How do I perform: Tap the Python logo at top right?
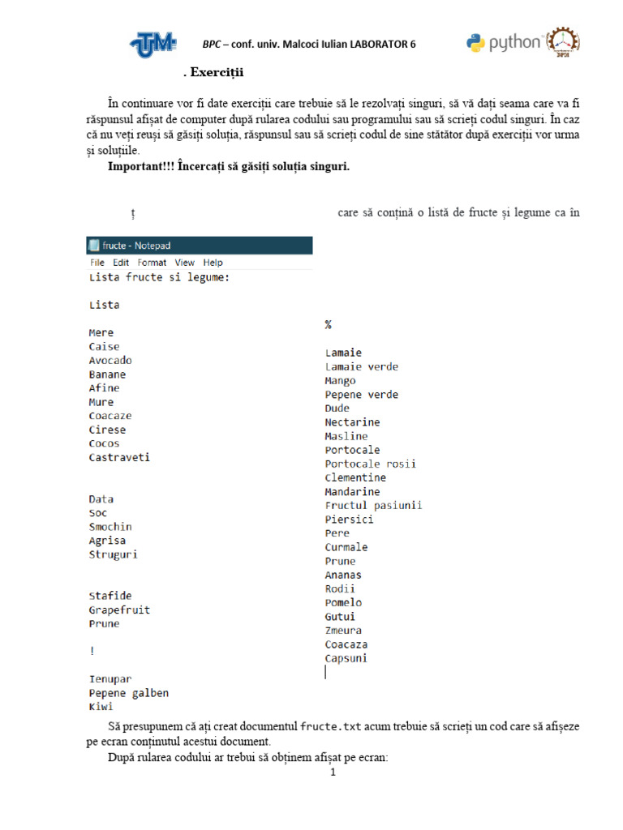[x=504, y=43]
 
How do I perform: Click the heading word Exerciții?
[x=217, y=74]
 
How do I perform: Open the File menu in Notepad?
[x=97, y=263]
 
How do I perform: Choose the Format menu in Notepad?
[x=152, y=263]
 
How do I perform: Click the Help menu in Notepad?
[x=213, y=263]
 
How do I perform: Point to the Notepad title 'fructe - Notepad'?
[x=136, y=246]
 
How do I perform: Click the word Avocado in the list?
[x=110, y=361]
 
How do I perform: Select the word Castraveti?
[x=119, y=457]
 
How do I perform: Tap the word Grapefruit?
[x=119, y=610]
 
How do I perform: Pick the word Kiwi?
[x=101, y=707]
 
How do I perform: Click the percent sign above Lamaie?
[x=329, y=324]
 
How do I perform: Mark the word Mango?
[x=341, y=380]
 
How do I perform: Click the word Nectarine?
[x=352, y=422]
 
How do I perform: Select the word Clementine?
[x=355, y=477]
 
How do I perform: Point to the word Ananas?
[x=343, y=575]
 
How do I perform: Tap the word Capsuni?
[x=346, y=658]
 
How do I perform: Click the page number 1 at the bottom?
[x=333, y=772]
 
